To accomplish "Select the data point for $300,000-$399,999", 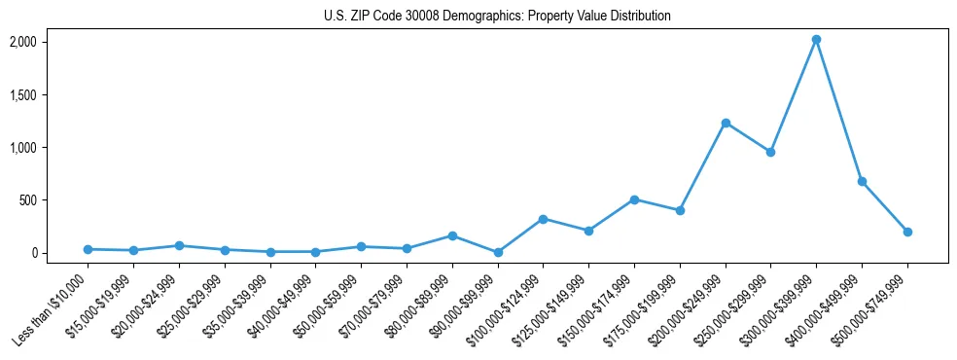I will (x=816, y=40).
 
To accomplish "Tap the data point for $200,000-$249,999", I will (x=726, y=123).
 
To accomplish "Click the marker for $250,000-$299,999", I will (x=770, y=152).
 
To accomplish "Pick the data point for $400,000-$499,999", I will (x=862, y=182).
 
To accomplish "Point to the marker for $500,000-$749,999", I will (x=907, y=232).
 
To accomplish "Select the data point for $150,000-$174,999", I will (x=634, y=199).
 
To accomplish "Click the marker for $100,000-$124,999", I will (x=544, y=219).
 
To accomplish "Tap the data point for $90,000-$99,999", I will (x=498, y=252).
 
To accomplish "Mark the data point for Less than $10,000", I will (x=88, y=249).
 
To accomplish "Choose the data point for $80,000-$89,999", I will (x=452, y=235).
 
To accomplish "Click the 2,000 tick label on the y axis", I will (x=23, y=42).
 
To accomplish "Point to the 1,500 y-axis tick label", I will (x=23, y=95).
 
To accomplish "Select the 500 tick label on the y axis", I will (x=28, y=200).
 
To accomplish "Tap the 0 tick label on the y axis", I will (x=33, y=253).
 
